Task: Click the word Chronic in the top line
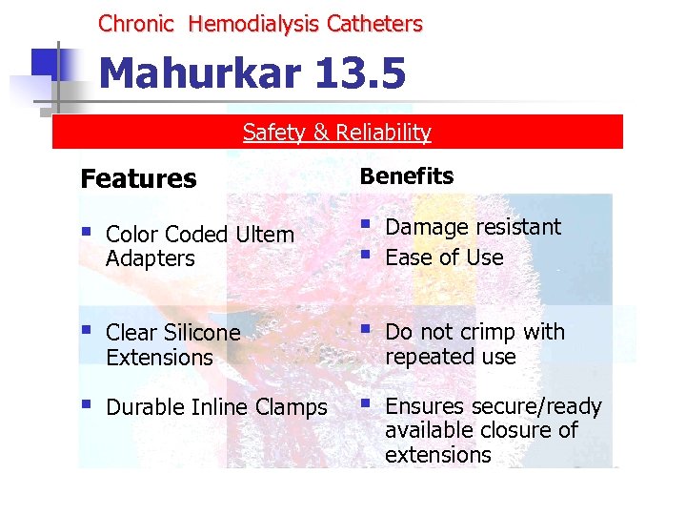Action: point(136,24)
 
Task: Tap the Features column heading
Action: point(139,179)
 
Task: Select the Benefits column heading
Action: point(406,176)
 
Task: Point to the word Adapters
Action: point(151,258)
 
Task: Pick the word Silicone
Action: point(202,333)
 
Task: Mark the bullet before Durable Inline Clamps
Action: point(87,404)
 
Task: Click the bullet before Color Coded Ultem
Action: point(87,232)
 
